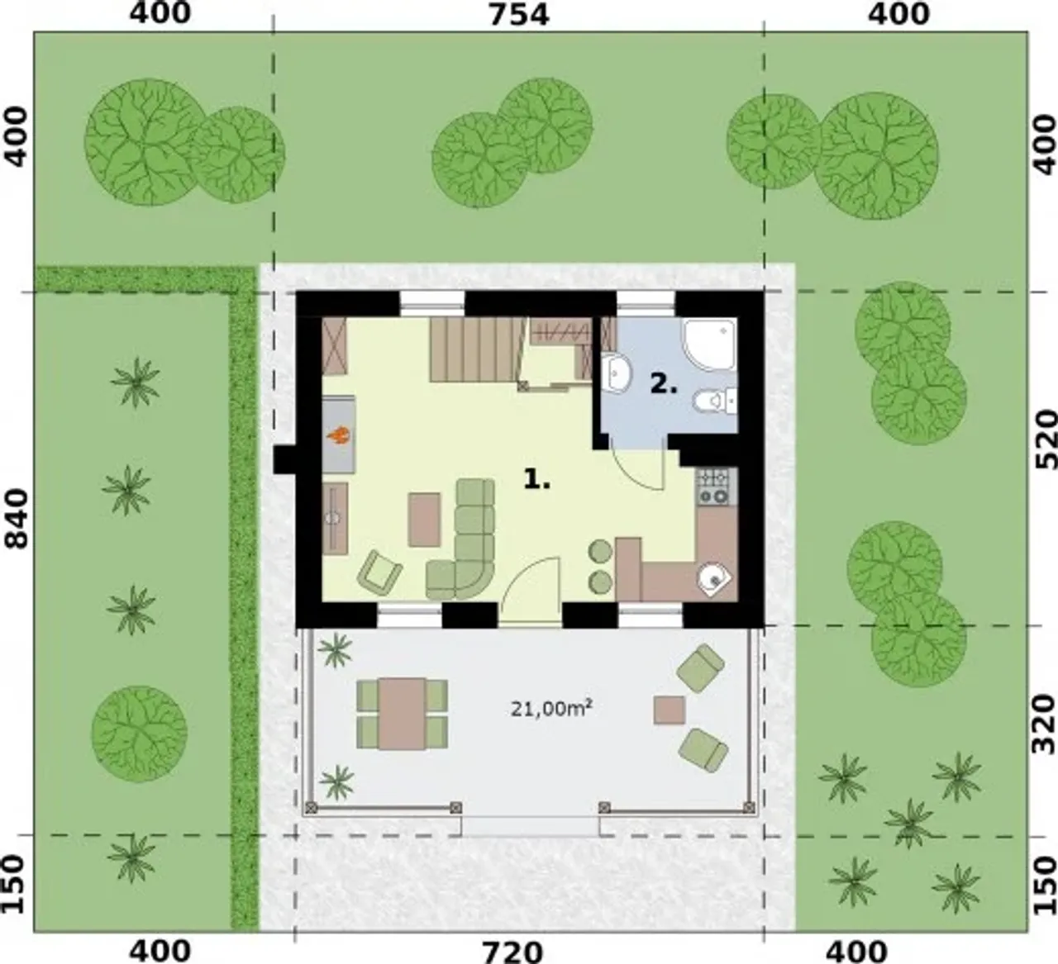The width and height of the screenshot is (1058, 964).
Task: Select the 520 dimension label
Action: [x=1045, y=440]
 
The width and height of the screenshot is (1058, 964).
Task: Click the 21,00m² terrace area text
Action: [x=550, y=710]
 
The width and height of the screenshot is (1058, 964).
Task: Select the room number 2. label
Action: [x=664, y=384]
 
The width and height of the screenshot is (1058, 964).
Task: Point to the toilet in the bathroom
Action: [x=714, y=401]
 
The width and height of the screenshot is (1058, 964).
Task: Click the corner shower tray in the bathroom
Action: [x=710, y=344]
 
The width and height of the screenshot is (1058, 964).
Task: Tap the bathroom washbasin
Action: [x=616, y=373]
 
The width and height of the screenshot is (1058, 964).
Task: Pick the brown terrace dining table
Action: [x=402, y=715]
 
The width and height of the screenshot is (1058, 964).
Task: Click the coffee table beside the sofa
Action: [x=424, y=520]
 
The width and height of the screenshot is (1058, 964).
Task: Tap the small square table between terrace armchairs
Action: [x=670, y=710]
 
